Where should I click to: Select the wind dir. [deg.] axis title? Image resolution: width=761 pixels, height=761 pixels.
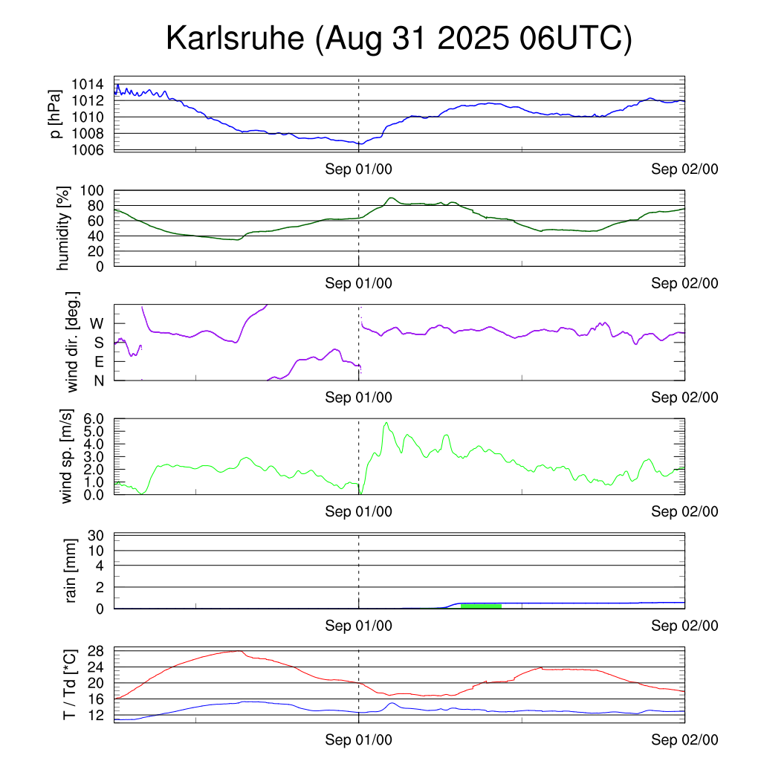pyautogui.click(x=73, y=343)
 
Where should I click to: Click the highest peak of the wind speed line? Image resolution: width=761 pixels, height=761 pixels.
pyautogui.click(x=386, y=423)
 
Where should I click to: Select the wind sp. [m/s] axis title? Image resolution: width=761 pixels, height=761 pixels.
pyautogui.click(x=67, y=456)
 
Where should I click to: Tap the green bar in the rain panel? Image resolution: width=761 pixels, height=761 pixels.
pyautogui.click(x=481, y=606)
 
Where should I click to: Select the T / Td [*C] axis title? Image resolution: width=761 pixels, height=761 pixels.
pyautogui.click(x=68, y=685)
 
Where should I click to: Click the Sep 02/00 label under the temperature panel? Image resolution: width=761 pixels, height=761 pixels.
pyautogui.click(x=684, y=740)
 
